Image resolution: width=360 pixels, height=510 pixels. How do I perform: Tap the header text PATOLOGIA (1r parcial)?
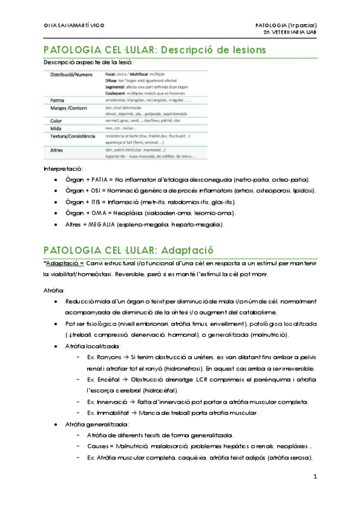291,25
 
